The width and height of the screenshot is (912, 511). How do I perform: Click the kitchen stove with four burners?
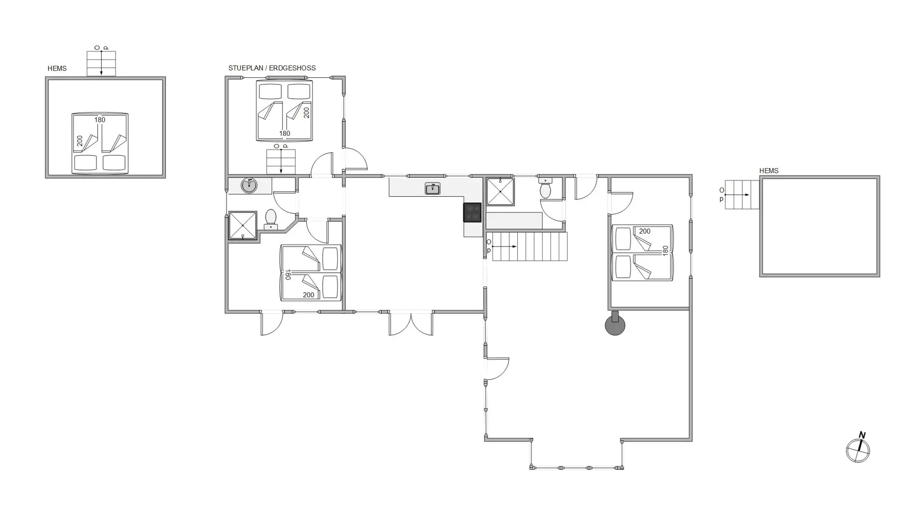pyautogui.click(x=472, y=212)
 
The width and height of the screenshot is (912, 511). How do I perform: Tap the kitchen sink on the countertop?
pyautogui.click(x=432, y=189)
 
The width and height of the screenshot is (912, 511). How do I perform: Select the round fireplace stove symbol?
pyautogui.click(x=615, y=324)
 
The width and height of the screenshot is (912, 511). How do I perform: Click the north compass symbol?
pyautogui.click(x=858, y=449)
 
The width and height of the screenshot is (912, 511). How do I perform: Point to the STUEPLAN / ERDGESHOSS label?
pyautogui.click(x=272, y=68)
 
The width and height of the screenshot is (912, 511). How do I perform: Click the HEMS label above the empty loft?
pyautogui.click(x=769, y=170)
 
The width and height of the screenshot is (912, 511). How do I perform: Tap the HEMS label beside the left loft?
pyautogui.click(x=57, y=68)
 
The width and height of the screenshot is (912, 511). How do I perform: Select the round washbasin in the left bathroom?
pyautogui.click(x=249, y=185)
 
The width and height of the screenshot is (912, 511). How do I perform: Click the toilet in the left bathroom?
pyautogui.click(x=271, y=219)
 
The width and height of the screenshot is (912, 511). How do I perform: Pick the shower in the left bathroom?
pyautogui.click(x=243, y=225)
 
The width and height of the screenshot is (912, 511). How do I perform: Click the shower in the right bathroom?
pyautogui.click(x=500, y=191)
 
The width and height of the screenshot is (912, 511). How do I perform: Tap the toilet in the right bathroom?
pyautogui.click(x=545, y=188)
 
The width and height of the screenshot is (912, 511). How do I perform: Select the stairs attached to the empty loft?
pyautogui.click(x=742, y=195)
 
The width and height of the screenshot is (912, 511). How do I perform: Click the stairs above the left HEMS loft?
pyautogui.click(x=101, y=64)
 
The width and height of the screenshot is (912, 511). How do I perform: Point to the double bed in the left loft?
pyautogui.click(x=100, y=143)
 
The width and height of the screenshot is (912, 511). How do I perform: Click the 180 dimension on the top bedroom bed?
pyautogui.click(x=285, y=134)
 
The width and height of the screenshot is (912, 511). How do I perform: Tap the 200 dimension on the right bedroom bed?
pyautogui.click(x=645, y=231)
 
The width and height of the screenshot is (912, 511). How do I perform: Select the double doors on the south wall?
pyautogui.click(x=411, y=323)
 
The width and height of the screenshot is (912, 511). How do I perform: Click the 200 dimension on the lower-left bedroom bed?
pyautogui.click(x=308, y=295)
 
